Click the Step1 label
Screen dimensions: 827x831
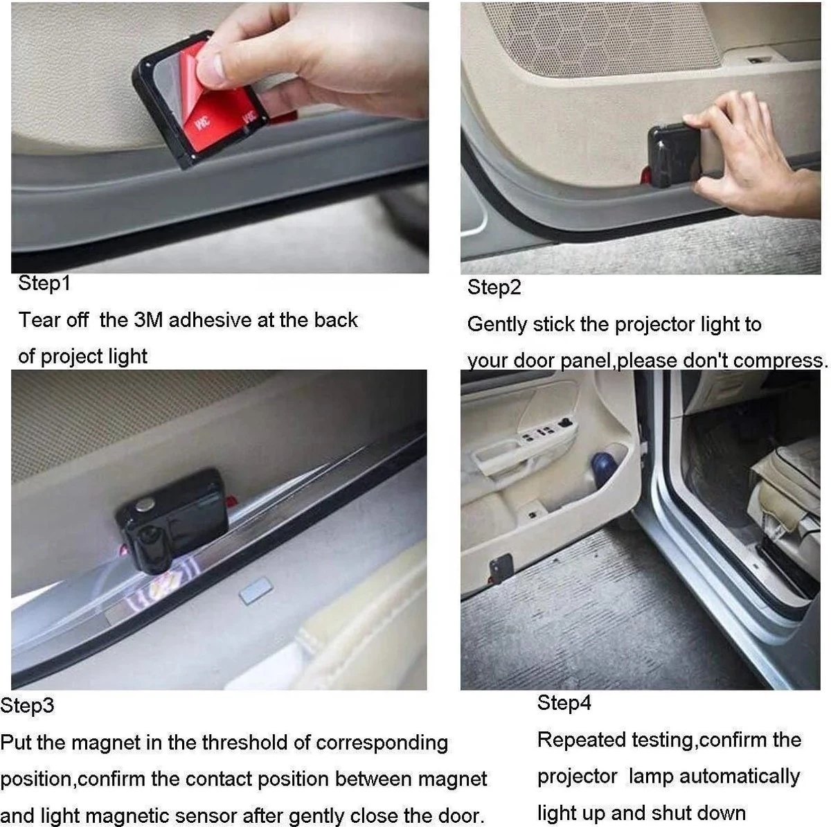(x=44, y=283)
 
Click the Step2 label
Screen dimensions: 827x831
(x=494, y=287)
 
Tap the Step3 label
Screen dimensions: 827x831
(x=27, y=706)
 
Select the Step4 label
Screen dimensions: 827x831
(x=564, y=703)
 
